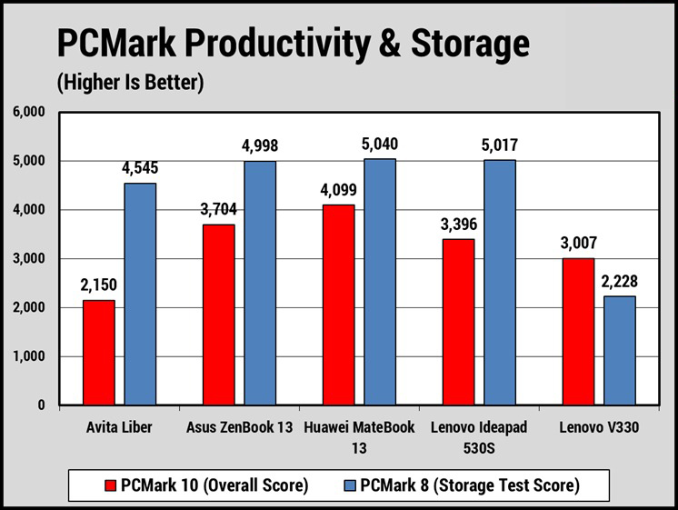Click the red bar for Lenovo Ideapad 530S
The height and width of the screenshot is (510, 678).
tap(459, 322)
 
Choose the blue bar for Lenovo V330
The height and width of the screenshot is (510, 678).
tap(619, 351)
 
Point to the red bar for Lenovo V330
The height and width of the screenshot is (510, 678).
tap(577, 332)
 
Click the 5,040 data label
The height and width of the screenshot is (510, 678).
tap(380, 145)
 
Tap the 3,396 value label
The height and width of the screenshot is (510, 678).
tap(459, 225)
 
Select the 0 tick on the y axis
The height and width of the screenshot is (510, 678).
tap(41, 405)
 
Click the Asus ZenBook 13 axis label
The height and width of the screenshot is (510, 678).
tap(239, 428)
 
